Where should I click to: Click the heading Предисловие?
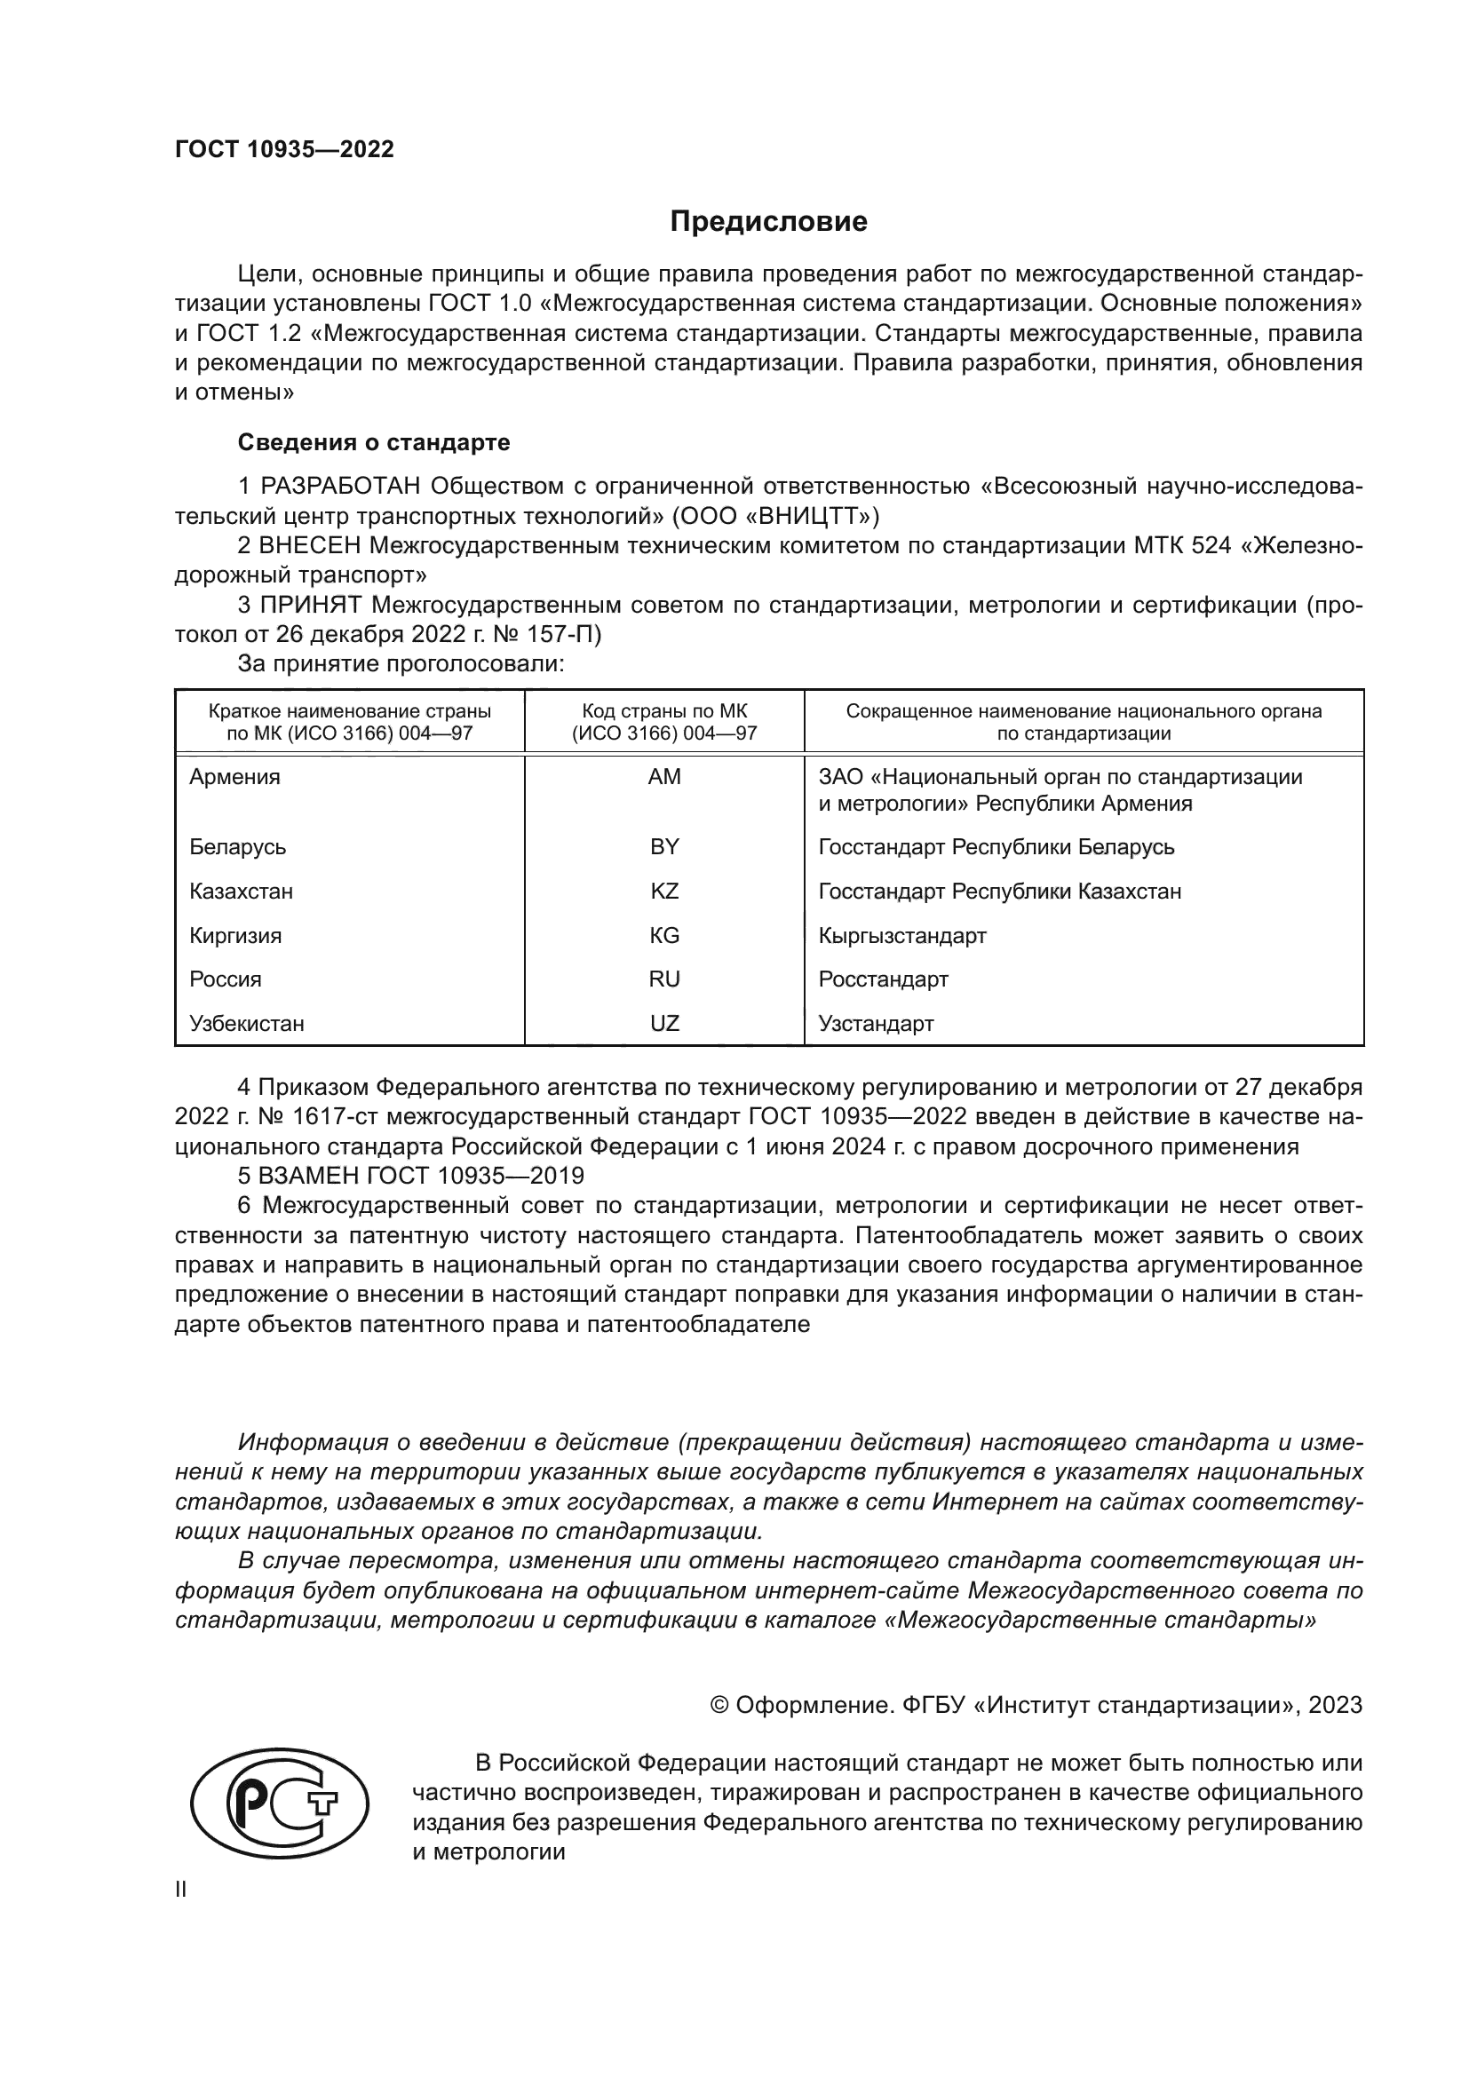(768, 222)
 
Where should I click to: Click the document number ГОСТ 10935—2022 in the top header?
(284, 150)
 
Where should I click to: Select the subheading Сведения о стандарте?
(374, 442)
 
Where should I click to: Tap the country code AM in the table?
(664, 777)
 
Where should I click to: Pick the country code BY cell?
(664, 847)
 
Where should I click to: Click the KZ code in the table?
(664, 891)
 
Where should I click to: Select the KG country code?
(664, 935)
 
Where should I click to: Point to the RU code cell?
(664, 979)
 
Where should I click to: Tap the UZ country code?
(664, 1023)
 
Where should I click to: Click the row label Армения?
(234, 777)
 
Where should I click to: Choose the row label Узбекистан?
(246, 1023)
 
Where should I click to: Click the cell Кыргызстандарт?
(901, 935)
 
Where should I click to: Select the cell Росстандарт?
(883, 979)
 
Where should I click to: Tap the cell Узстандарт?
(876, 1023)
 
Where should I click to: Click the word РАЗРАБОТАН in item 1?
(340, 487)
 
